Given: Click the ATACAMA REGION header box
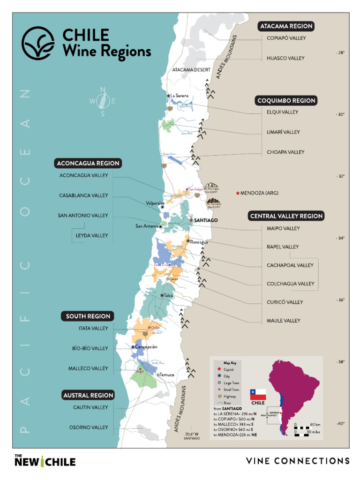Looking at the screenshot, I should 286,26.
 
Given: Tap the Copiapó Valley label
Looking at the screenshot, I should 286,38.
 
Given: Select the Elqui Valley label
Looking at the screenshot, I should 282,112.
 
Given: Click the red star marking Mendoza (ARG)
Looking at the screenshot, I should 238,193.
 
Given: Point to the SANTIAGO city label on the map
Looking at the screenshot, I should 206,220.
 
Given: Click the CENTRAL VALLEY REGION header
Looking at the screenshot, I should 286,216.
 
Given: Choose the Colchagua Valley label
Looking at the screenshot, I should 290,284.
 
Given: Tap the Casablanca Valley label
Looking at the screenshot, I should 83,195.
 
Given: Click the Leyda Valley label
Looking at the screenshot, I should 92,236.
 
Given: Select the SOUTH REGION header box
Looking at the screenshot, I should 88,316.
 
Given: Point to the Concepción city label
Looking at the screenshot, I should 146,347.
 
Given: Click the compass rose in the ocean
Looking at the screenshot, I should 103,101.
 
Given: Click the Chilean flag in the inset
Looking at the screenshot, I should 258,394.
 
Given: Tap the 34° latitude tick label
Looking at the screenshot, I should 340,238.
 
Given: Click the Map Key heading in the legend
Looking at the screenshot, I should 230,363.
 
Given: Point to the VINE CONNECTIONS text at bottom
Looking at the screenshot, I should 298,461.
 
